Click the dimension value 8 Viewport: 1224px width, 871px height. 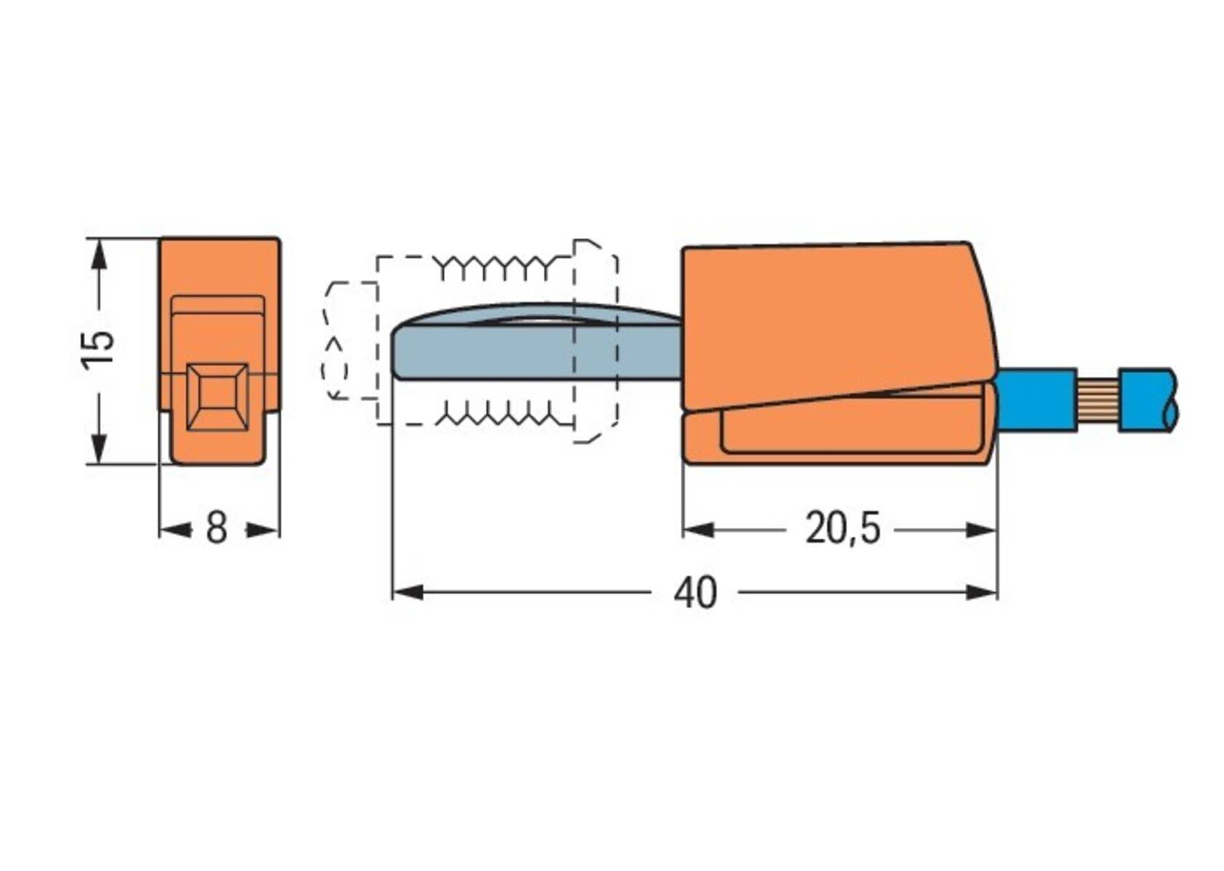point(217,528)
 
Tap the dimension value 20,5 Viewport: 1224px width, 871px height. point(842,528)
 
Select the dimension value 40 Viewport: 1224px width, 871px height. point(695,593)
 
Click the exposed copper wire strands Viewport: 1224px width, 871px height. point(1097,401)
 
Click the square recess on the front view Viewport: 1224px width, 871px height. point(217,396)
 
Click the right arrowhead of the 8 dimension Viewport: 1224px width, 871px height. point(263,531)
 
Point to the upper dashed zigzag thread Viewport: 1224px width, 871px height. point(501,267)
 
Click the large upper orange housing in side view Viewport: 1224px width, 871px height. point(835,319)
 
